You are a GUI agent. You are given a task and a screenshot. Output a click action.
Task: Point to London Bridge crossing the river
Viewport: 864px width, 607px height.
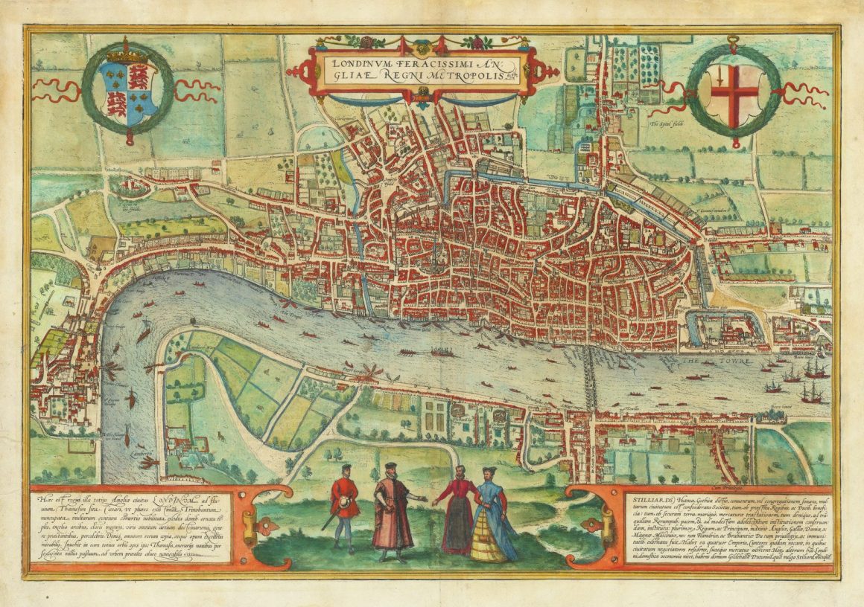pos(590,379)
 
